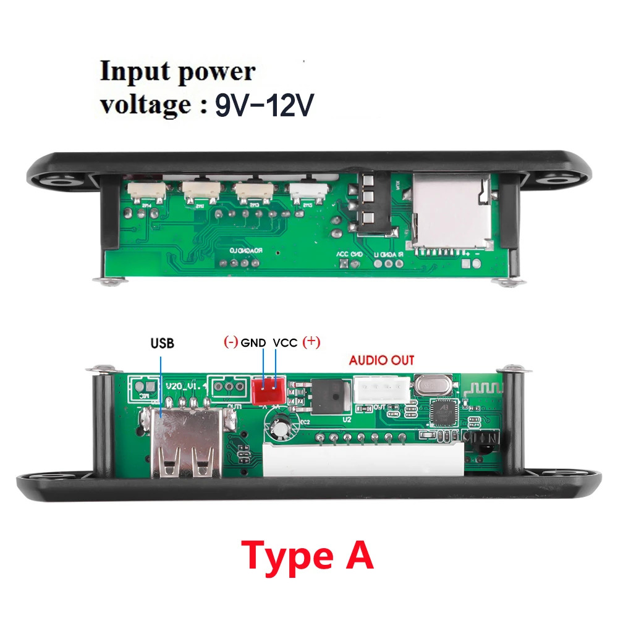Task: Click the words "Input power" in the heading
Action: [177, 72]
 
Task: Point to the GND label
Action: [253, 342]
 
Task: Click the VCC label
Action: [286, 342]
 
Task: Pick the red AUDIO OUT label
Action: [382, 360]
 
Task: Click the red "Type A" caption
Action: [307, 556]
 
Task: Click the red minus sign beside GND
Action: [231, 342]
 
